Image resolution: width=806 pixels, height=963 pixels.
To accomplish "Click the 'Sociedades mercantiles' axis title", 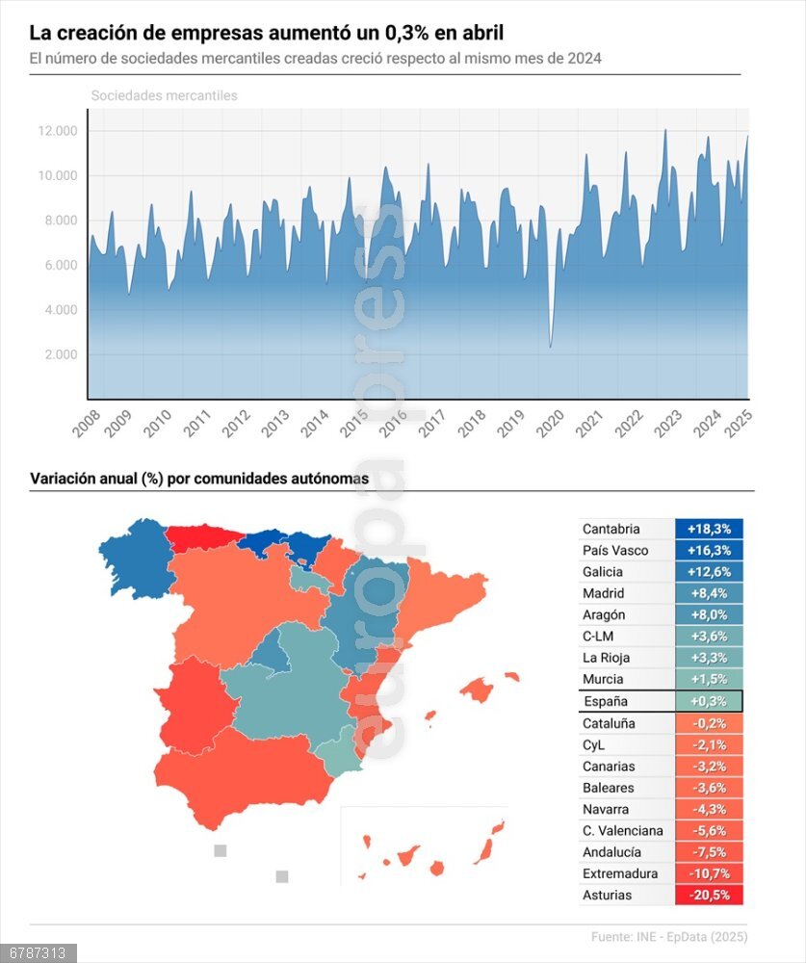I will tap(164, 95).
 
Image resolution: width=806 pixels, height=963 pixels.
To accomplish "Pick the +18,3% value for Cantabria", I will tap(709, 529).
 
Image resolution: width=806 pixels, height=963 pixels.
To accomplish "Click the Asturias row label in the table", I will tap(607, 895).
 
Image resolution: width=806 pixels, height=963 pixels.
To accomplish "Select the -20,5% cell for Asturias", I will tap(709, 895).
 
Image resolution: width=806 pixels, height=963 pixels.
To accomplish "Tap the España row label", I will tap(605, 701).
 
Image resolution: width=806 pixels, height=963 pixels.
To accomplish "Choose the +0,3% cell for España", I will tap(709, 701).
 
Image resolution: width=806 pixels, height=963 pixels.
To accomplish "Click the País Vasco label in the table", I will tap(615, 550).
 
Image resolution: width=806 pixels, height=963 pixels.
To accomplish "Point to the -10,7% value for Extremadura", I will tap(709, 873).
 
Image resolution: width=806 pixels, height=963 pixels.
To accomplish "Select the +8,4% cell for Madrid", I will tap(709, 593).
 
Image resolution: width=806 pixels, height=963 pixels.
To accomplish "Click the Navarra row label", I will tap(605, 809).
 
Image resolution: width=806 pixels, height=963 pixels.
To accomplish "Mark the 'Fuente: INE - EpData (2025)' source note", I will tap(669, 936).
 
